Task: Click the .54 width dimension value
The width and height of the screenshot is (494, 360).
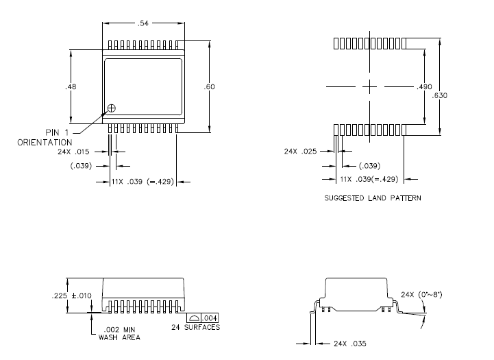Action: coord(143,23)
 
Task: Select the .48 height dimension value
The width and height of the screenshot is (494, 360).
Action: coord(70,87)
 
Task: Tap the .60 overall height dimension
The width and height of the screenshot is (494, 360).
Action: coord(210,87)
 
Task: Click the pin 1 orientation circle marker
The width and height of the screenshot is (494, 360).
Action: coord(112,108)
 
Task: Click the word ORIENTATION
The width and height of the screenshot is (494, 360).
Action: coord(45,142)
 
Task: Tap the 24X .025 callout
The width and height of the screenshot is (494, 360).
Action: coord(299,152)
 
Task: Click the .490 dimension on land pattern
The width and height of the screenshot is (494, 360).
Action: coord(425,87)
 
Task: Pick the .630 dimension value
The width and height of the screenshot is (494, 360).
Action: coord(440,95)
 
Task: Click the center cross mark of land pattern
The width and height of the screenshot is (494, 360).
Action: coord(369,87)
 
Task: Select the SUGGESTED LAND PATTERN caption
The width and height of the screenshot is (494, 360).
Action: coord(373,198)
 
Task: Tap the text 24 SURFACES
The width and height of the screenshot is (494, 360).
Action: coord(196,328)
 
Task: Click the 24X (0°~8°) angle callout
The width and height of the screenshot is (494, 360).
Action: coord(422,295)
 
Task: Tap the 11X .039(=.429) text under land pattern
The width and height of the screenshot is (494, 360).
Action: coord(369,179)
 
